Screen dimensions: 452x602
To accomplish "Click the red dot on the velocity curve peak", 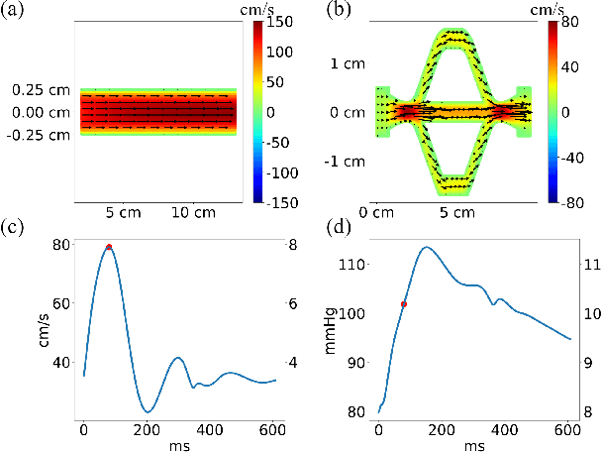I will (109, 247).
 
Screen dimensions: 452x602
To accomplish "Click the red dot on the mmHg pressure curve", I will (403, 304).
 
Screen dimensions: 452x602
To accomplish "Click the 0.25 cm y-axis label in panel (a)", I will (41, 90).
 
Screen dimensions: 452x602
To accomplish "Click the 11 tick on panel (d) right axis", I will (587, 265).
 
